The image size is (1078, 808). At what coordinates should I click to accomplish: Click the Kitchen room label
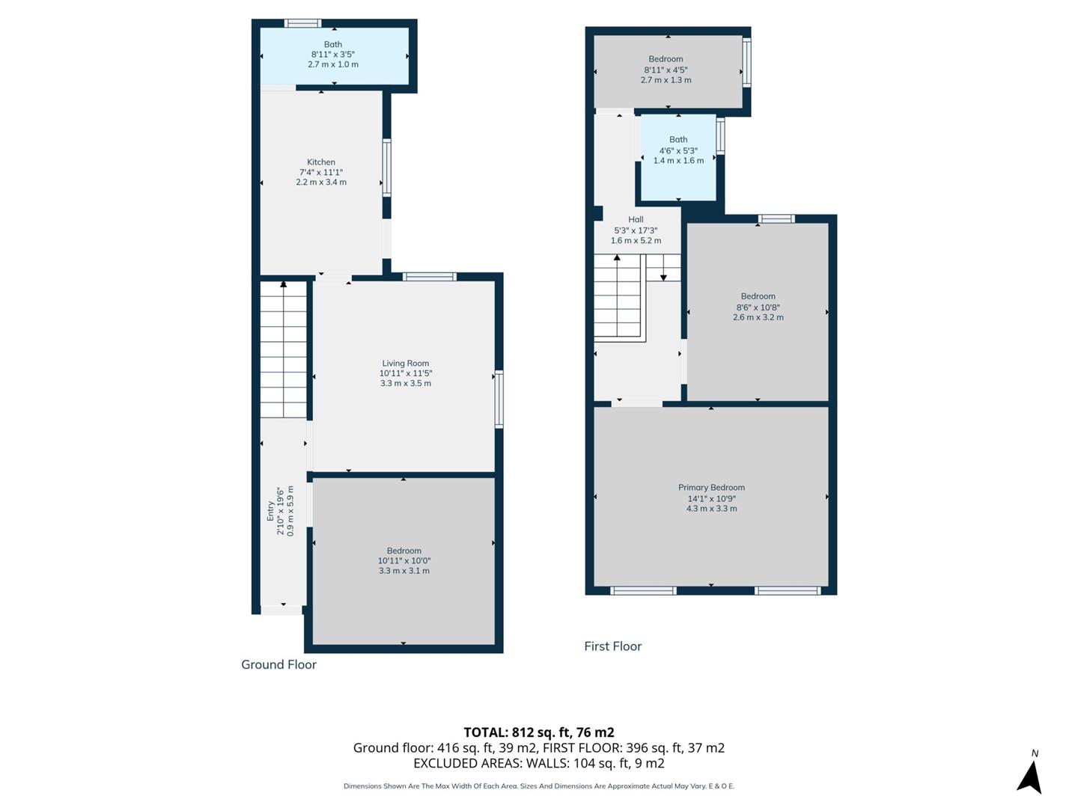click(321, 162)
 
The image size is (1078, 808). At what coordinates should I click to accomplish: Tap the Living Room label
click(405, 364)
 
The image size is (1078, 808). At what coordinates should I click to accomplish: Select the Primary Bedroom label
click(711, 488)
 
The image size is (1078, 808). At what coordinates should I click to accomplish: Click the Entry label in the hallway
click(271, 510)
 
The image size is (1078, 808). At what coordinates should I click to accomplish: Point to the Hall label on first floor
click(636, 220)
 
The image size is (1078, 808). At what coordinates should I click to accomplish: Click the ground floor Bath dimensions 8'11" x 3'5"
click(332, 55)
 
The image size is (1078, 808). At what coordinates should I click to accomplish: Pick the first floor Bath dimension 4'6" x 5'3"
click(678, 150)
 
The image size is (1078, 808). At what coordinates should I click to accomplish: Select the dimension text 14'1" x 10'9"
click(711, 498)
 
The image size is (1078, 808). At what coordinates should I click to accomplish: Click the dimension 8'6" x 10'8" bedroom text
click(758, 307)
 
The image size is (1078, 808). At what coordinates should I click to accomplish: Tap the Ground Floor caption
click(278, 664)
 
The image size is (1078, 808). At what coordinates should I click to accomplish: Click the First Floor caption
click(612, 646)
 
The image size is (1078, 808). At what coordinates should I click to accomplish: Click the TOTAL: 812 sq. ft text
click(538, 732)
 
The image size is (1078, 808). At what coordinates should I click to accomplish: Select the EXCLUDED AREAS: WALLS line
click(538, 763)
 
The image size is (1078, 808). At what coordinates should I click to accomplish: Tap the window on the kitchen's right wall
click(387, 168)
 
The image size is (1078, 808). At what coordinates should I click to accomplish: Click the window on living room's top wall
click(429, 277)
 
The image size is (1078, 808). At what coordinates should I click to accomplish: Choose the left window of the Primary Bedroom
click(643, 591)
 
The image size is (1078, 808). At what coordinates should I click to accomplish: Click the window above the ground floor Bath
click(302, 23)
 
